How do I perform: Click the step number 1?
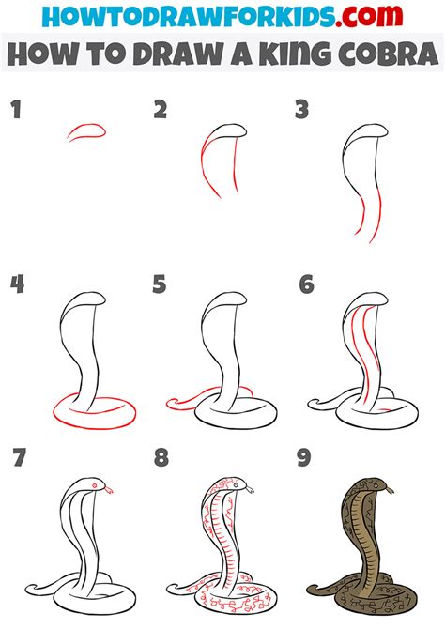[16, 110]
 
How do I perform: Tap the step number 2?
[160, 110]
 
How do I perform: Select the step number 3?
[301, 110]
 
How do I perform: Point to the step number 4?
[17, 284]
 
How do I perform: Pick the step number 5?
[160, 284]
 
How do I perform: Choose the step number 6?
[307, 284]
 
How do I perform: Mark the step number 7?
[20, 457]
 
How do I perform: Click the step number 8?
[161, 457]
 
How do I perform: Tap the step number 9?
[304, 457]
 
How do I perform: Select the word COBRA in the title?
[389, 53]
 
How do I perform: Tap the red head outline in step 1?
[86, 131]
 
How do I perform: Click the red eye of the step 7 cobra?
[95, 485]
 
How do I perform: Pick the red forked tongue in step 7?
[109, 489]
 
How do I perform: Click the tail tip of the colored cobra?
[310, 591]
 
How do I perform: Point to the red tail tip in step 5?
[170, 404]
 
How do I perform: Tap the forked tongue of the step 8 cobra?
[249, 489]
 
